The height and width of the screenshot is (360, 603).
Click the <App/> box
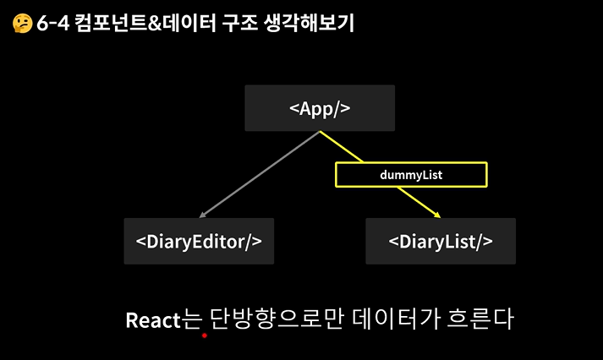[x=319, y=107]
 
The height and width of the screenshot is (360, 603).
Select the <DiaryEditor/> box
[x=199, y=241]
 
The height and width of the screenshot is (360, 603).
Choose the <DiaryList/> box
[x=440, y=241]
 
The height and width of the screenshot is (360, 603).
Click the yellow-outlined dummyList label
[x=411, y=174]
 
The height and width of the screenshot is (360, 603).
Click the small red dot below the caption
[x=204, y=335]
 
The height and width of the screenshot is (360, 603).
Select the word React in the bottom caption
[x=152, y=320]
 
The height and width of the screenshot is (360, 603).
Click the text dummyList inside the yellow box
[x=411, y=174]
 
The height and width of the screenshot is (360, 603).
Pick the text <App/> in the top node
[x=319, y=108]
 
